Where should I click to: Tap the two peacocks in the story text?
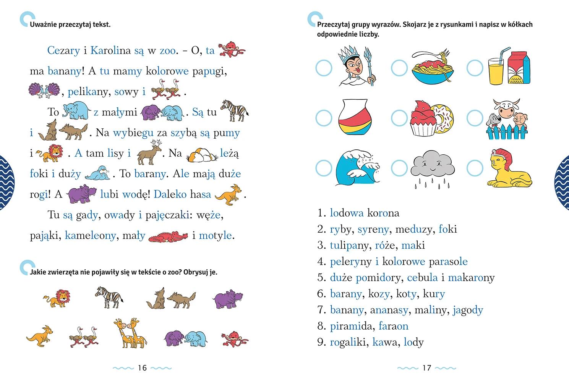pos(44,91)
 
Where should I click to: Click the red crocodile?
pos(168,237)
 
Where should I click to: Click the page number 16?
pos(142,368)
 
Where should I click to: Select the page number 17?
pos(426,368)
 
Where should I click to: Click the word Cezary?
pos(63,50)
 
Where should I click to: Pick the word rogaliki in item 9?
pos(348,342)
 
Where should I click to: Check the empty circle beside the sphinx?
pos(475,167)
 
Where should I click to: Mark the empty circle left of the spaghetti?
pos(399,68)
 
